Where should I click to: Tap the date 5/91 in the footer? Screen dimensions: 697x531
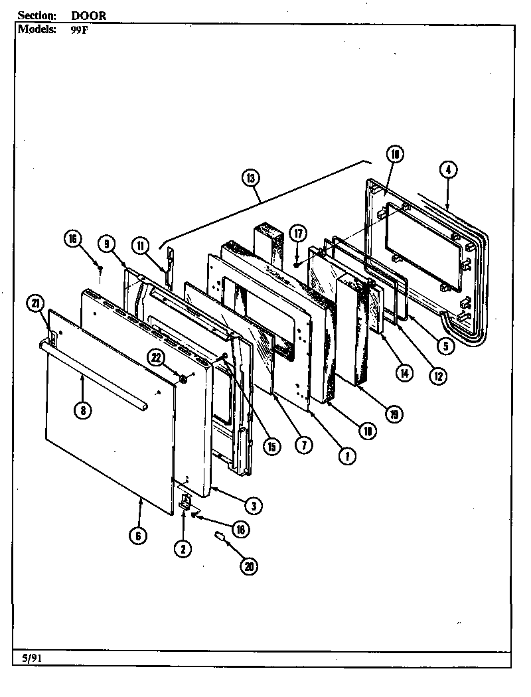pyautogui.click(x=29, y=658)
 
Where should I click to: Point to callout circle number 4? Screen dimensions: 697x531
pyautogui.click(x=449, y=170)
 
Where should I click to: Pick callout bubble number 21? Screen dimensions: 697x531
pyautogui.click(x=36, y=304)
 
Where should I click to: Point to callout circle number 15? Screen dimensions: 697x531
pyautogui.click(x=271, y=447)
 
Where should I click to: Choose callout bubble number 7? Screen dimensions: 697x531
pyautogui.click(x=303, y=446)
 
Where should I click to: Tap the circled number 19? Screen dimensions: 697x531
pyautogui.click(x=394, y=415)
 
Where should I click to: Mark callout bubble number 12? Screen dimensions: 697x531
pyautogui.click(x=437, y=375)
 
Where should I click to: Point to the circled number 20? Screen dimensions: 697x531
pyautogui.click(x=250, y=566)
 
